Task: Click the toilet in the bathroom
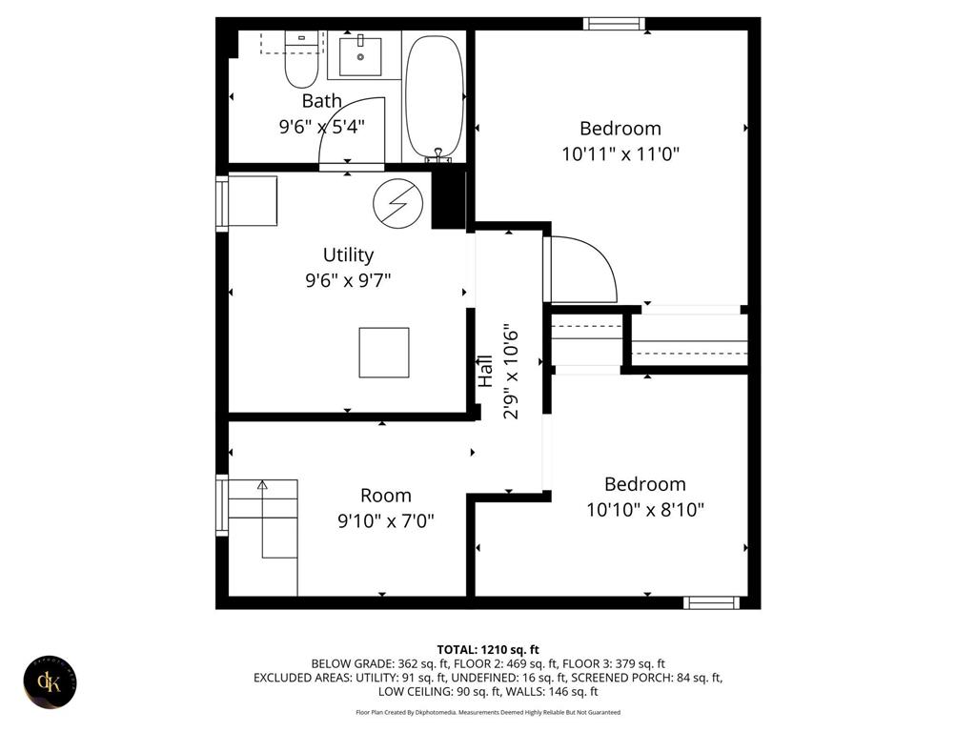click(x=301, y=60)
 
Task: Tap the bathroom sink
click(x=361, y=57)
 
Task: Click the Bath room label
click(x=321, y=100)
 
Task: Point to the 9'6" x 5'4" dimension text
click(x=321, y=125)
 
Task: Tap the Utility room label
click(x=348, y=254)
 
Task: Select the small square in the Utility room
click(x=384, y=352)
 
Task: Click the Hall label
click(x=486, y=370)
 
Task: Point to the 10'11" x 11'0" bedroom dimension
click(x=620, y=153)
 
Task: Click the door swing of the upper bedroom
click(x=581, y=269)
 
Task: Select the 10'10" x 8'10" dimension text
click(x=645, y=510)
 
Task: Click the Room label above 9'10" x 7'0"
click(x=386, y=496)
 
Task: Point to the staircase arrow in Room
click(x=262, y=486)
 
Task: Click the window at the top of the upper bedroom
click(x=614, y=24)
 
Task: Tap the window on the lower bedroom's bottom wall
click(x=712, y=602)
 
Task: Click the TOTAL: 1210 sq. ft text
click(x=488, y=649)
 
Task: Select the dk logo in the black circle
click(x=50, y=681)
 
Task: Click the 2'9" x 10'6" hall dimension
click(x=512, y=372)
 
